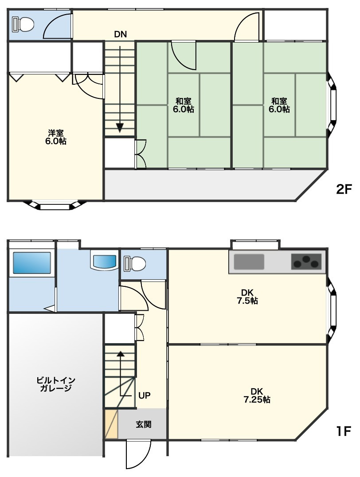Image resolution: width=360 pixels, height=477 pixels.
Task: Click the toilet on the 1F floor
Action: [134, 263]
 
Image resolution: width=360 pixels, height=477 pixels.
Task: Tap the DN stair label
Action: [121, 35]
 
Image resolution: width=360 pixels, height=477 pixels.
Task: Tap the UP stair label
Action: [144, 395]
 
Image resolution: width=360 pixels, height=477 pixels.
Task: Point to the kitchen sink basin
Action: [249, 262]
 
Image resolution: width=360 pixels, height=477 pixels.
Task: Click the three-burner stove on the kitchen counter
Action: [306, 262]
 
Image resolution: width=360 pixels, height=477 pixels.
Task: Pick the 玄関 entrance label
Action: [143, 424]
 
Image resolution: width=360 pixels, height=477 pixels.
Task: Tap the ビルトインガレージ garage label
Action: [56, 384]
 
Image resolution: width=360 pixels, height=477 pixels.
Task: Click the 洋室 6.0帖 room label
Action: [56, 137]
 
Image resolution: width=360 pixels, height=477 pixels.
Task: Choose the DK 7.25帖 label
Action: [257, 395]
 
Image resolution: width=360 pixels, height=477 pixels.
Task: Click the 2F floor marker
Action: [344, 190]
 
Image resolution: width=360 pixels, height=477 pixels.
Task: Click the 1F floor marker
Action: [344, 431]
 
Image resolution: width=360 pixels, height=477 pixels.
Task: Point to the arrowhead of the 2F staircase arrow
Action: [120, 128]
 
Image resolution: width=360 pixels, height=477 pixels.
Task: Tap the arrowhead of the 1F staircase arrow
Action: [121, 354]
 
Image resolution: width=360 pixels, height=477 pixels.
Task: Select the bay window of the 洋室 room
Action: [55, 205]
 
